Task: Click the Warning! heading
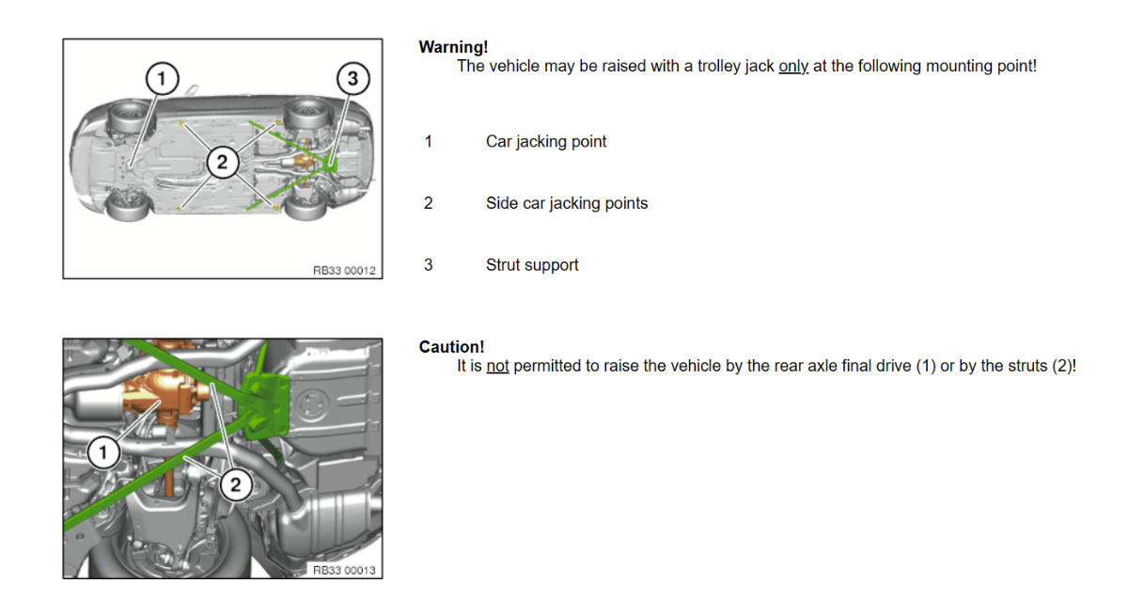click(453, 47)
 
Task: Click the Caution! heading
click(451, 347)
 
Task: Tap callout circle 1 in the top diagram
click(162, 79)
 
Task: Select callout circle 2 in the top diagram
click(223, 162)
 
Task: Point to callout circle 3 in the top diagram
click(353, 79)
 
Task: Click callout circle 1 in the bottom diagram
click(103, 452)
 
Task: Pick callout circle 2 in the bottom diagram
click(236, 484)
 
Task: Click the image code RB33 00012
click(344, 271)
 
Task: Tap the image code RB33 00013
click(344, 570)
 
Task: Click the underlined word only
click(793, 66)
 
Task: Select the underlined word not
click(497, 366)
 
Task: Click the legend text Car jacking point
click(546, 142)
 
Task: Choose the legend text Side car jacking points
click(567, 203)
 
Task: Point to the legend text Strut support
click(532, 265)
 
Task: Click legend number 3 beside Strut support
click(428, 265)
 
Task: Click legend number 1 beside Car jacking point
click(428, 142)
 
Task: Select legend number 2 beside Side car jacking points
click(428, 203)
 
